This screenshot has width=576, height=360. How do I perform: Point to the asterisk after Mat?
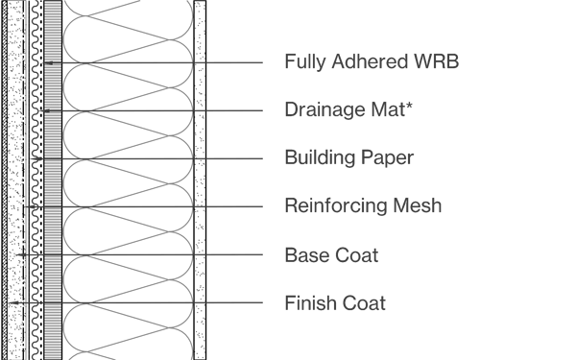(410, 106)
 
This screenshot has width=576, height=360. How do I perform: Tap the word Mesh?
(418, 206)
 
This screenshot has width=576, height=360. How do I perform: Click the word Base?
(304, 255)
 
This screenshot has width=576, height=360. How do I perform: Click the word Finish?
(309, 303)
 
